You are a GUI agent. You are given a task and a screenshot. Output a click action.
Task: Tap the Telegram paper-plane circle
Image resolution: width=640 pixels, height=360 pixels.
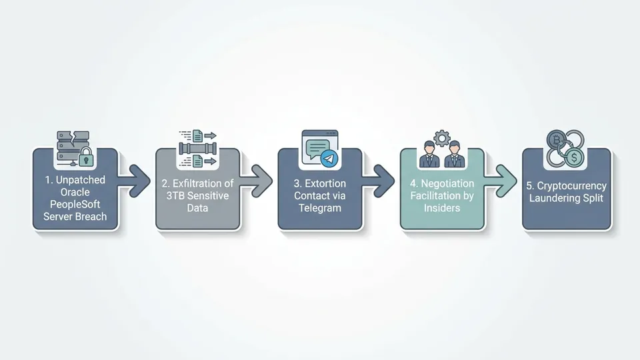point(329,159)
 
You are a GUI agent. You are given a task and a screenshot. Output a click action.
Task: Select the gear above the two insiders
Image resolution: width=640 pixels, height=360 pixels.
point(441,139)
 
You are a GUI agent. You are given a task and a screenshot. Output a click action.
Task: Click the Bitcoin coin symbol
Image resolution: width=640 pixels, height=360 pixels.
point(556,141)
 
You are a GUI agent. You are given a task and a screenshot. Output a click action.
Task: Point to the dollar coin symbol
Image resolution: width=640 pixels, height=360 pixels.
point(574,157)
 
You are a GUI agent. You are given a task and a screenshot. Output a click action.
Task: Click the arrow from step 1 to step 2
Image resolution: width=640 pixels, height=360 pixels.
point(134,181)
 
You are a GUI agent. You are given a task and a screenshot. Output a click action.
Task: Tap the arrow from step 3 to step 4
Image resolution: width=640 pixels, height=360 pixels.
point(379,181)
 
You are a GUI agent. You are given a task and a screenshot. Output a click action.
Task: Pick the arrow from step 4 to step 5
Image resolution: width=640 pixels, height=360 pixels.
point(501,181)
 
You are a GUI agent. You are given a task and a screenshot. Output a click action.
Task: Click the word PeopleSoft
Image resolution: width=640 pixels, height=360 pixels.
point(75,205)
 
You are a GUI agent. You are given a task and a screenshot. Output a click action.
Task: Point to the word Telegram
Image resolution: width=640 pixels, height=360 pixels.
point(319,208)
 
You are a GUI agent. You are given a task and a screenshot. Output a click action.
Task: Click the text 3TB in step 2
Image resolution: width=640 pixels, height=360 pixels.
point(175,196)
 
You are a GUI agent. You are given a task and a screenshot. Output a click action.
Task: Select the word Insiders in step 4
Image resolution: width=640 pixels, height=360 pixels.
point(441,208)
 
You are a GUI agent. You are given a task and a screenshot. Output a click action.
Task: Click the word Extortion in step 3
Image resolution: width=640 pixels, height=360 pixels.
point(325,184)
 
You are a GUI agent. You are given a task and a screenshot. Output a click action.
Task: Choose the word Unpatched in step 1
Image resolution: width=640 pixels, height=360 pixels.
point(81,180)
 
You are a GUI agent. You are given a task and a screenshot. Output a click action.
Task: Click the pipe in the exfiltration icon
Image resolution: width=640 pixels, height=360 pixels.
point(197,149)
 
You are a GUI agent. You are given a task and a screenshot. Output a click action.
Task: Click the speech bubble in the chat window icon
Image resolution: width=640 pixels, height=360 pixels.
point(317,149)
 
